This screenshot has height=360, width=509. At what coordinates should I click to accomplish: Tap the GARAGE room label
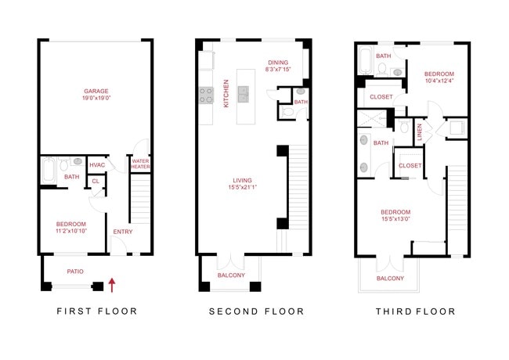coord(96,91)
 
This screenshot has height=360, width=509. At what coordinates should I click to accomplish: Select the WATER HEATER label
coord(140,164)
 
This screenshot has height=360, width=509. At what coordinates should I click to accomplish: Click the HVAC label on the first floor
coord(97,164)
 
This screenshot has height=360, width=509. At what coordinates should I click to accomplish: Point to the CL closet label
coord(96,181)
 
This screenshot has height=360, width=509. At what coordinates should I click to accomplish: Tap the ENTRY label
coord(123,232)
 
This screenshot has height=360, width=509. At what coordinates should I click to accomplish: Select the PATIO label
coord(75,272)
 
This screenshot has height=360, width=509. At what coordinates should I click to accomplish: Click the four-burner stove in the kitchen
coord(206,95)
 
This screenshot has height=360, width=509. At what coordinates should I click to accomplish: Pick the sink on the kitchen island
coord(243,95)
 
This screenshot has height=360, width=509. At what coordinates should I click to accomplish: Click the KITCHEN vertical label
coord(226,93)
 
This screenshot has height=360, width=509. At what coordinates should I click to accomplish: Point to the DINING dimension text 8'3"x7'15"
coord(278,70)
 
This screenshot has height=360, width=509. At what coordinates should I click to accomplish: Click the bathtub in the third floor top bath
coord(366,62)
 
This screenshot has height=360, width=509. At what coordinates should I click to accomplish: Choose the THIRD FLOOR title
coord(415,311)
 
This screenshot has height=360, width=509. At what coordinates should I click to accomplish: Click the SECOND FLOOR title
coord(256,311)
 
